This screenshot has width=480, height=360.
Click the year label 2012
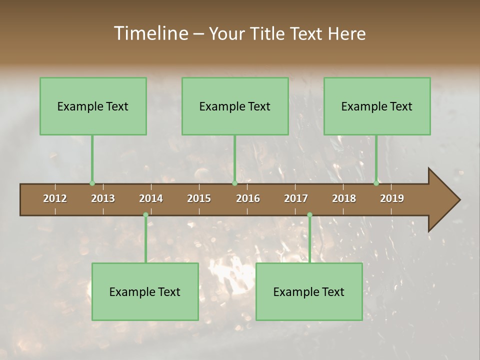click(55, 198)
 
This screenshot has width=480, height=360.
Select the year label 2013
click(103, 198)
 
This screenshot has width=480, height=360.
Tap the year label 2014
click(151, 198)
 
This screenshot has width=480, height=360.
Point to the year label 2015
click(199, 198)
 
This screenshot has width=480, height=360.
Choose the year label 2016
click(248, 198)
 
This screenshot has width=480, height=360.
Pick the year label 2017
click(296, 198)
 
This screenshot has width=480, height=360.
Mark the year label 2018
click(344, 198)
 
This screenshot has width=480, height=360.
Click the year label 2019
click(392, 198)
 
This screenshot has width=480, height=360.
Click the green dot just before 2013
click(92, 183)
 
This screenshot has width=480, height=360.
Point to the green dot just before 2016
click(234, 183)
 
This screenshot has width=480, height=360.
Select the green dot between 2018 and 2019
click(376, 183)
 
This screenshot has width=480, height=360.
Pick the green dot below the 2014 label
click(145, 215)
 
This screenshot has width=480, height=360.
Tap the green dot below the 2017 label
click(309, 215)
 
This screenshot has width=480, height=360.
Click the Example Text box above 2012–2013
click(93, 106)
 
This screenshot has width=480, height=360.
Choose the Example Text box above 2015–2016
click(235, 106)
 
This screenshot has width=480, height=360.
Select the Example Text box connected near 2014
click(145, 291)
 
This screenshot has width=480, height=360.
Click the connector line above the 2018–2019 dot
click(376, 157)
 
